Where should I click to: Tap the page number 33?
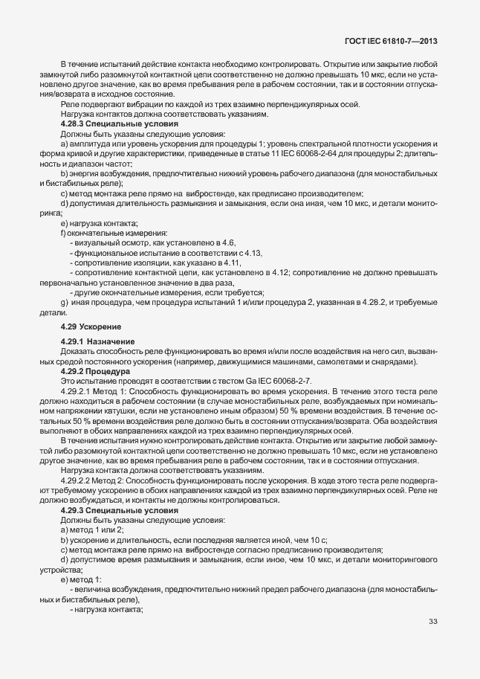tap(432, 622)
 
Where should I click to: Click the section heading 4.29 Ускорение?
tap(91, 326)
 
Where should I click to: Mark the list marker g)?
tap(64, 303)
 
